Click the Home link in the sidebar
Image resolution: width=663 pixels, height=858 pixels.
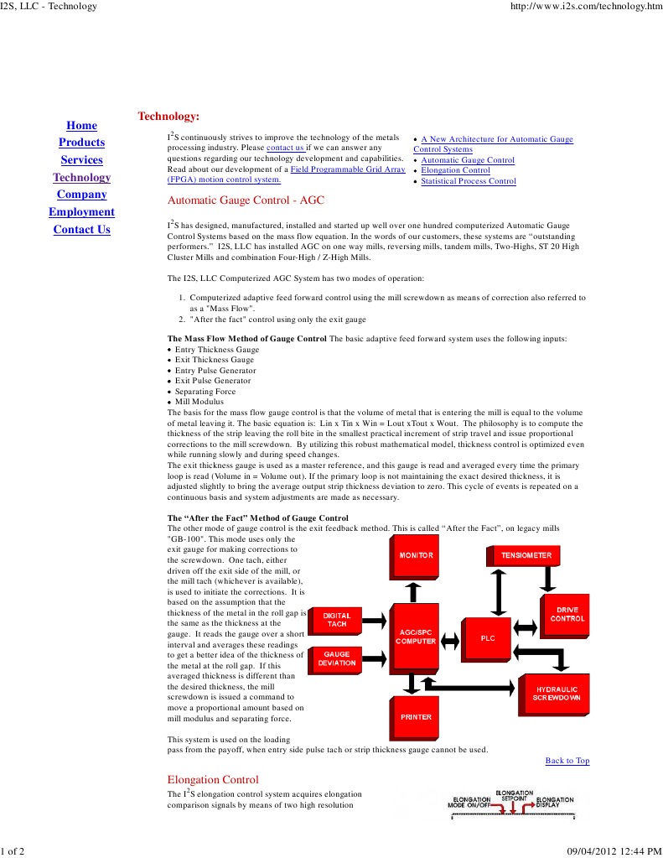(x=81, y=126)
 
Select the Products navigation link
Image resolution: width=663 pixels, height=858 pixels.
(x=81, y=143)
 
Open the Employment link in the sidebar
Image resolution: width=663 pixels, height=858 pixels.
(x=81, y=212)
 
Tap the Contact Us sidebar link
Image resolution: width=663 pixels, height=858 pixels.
(x=81, y=230)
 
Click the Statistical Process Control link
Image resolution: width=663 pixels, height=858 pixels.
(x=468, y=181)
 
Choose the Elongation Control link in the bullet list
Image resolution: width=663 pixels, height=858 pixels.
(x=455, y=170)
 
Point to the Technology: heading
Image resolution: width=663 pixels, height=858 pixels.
(x=168, y=116)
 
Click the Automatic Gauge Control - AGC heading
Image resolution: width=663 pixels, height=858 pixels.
(x=246, y=200)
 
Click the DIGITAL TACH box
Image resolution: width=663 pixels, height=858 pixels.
(x=337, y=620)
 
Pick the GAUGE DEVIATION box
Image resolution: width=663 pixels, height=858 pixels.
(x=337, y=658)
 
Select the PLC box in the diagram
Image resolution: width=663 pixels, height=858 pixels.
(x=488, y=638)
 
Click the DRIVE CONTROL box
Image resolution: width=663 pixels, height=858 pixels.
(x=567, y=614)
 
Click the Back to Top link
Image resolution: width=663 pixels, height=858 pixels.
(x=567, y=761)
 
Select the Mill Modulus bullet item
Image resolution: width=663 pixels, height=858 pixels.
(x=199, y=402)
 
